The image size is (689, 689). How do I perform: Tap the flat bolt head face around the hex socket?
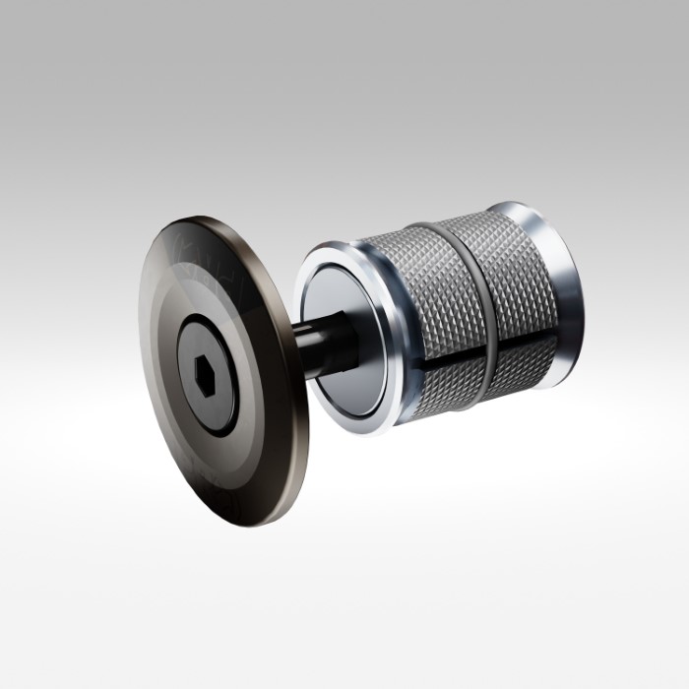click(x=219, y=394)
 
